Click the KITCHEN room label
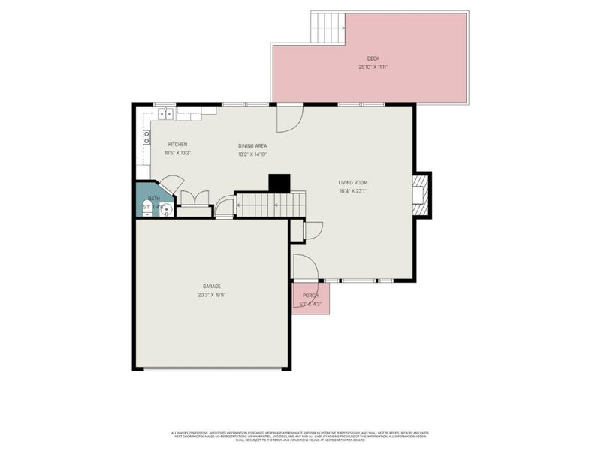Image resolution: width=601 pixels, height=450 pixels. [x=177, y=145]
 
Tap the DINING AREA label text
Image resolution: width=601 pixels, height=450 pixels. [x=252, y=146]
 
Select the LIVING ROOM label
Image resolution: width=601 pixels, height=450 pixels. [x=352, y=182]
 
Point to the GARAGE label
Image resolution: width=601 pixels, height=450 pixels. [x=211, y=286]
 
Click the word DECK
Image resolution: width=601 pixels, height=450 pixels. [x=373, y=58]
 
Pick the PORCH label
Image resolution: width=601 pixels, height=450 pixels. [x=310, y=295]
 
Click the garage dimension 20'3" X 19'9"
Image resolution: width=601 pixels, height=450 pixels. [x=211, y=295]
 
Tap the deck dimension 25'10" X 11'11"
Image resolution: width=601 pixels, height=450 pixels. [x=373, y=67]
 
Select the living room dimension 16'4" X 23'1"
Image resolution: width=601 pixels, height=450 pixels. [x=352, y=191]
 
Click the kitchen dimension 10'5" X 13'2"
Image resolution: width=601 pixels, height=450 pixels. [x=177, y=154]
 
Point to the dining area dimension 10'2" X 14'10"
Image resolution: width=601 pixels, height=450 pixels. [x=252, y=154]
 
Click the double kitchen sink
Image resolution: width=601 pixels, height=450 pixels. [x=166, y=114]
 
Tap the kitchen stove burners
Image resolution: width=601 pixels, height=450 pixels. [x=147, y=137]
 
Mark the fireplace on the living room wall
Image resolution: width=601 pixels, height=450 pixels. [x=420, y=195]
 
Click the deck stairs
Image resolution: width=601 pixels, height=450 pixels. [x=328, y=28]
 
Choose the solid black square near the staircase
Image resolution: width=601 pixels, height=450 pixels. [x=279, y=183]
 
